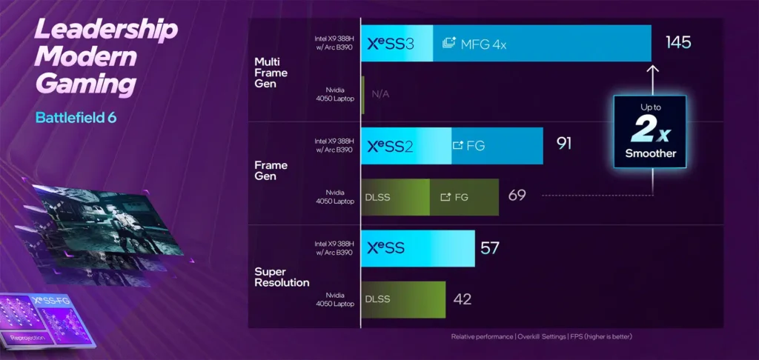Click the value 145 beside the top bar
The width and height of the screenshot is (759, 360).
[x=678, y=43]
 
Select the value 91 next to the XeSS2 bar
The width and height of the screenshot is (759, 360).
[x=563, y=144]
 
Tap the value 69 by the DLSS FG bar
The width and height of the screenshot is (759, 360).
[x=517, y=196]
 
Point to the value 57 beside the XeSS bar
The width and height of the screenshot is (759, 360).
[x=490, y=247]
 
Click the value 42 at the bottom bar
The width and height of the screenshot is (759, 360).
[x=462, y=299]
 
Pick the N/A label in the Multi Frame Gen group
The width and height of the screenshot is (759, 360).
[x=380, y=94]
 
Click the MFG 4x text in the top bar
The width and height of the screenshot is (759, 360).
[x=483, y=44]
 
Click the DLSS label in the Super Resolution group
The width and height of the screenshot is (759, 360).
[x=378, y=299]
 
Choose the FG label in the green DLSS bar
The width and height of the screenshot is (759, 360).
[x=461, y=197]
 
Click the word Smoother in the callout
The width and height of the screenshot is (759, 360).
[x=649, y=153]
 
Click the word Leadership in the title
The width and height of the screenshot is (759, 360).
[x=106, y=31]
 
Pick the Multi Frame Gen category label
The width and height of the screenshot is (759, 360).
[x=271, y=73]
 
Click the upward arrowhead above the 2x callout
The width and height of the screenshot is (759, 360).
[x=652, y=69]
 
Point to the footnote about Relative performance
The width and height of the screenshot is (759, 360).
[x=541, y=337]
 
